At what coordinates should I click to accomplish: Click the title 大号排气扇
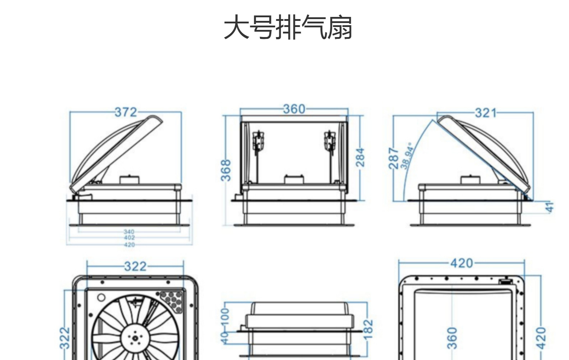tap(288, 27)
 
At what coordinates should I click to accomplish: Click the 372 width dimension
tap(126, 112)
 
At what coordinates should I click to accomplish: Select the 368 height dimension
tap(225, 170)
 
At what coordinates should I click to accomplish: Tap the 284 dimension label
tap(360, 157)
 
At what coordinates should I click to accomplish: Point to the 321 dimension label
tap(485, 113)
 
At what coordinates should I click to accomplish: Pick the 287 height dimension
tap(394, 158)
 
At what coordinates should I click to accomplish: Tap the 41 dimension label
tap(549, 207)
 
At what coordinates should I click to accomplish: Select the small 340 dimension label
tap(129, 232)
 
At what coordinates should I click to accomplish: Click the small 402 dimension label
tap(129, 238)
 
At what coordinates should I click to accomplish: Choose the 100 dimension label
tap(225, 316)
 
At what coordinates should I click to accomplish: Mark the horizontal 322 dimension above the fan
tap(135, 266)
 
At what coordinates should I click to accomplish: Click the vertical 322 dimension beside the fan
tap(64, 338)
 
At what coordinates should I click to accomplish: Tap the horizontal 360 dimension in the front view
tap(294, 109)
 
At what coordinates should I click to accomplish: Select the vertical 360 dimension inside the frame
tap(452, 338)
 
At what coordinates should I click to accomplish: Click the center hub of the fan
tap(135, 338)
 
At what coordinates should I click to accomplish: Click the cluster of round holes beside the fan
tap(171, 300)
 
